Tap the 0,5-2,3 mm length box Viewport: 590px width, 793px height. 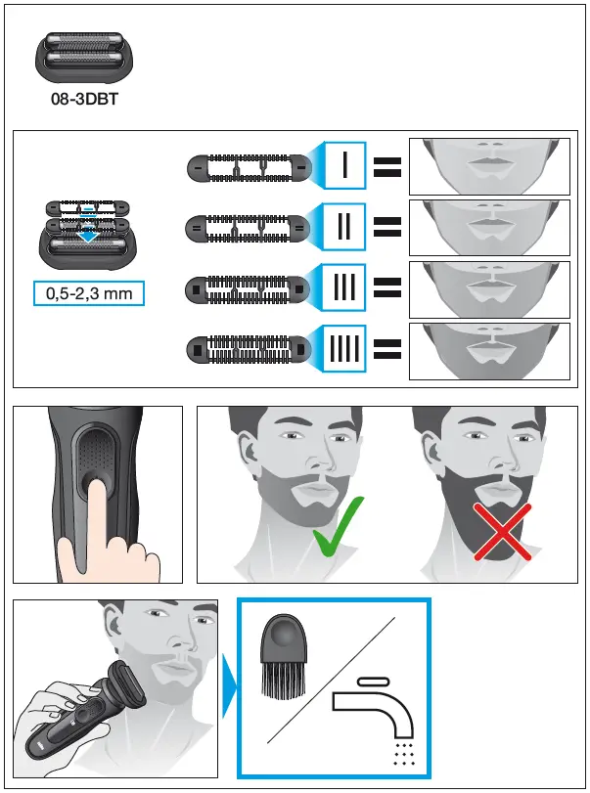click(88, 292)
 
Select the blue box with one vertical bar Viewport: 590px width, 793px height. click(345, 167)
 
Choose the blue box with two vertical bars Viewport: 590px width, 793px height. click(345, 227)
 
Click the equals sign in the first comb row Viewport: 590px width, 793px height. click(388, 168)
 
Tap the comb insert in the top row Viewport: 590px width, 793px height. click(247, 168)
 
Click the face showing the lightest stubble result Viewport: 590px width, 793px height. click(489, 166)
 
